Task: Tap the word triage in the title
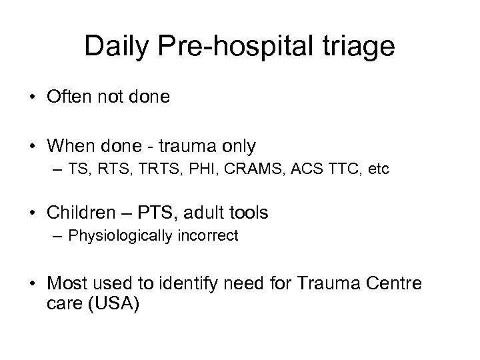[359, 46]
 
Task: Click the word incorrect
[209, 236]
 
